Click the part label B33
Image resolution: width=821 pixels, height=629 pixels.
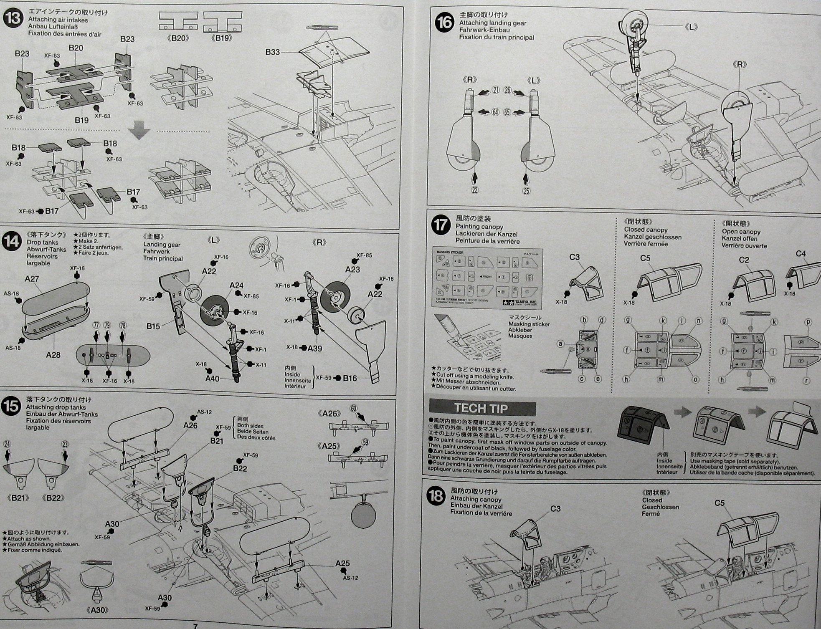coord(272,52)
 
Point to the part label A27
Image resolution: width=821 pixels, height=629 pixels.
coord(32,279)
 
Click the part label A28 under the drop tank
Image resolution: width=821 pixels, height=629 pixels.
coord(53,355)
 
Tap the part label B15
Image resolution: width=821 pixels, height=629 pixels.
coord(153,326)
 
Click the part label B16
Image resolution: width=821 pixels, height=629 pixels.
coord(350,378)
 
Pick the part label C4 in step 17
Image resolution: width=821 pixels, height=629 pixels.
coord(801,253)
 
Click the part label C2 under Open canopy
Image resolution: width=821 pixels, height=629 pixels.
coord(744,260)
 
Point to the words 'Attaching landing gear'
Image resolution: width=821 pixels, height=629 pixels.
coord(493,23)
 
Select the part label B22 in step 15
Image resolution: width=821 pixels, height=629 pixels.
coord(240,468)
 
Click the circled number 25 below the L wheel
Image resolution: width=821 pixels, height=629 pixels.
coord(526,191)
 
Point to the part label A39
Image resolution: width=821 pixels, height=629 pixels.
coord(314,348)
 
